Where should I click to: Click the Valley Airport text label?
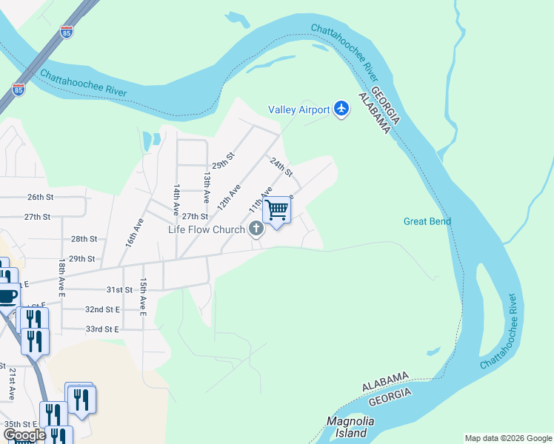298,110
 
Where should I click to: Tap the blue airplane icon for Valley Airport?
341,110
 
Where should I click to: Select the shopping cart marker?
277,210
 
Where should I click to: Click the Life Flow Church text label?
206,229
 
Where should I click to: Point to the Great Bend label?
427,221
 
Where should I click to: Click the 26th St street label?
41,198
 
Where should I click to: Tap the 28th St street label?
84,239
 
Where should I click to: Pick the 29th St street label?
82,259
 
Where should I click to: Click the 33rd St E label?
101,329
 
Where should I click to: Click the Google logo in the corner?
24,435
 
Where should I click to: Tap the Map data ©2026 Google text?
507,438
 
